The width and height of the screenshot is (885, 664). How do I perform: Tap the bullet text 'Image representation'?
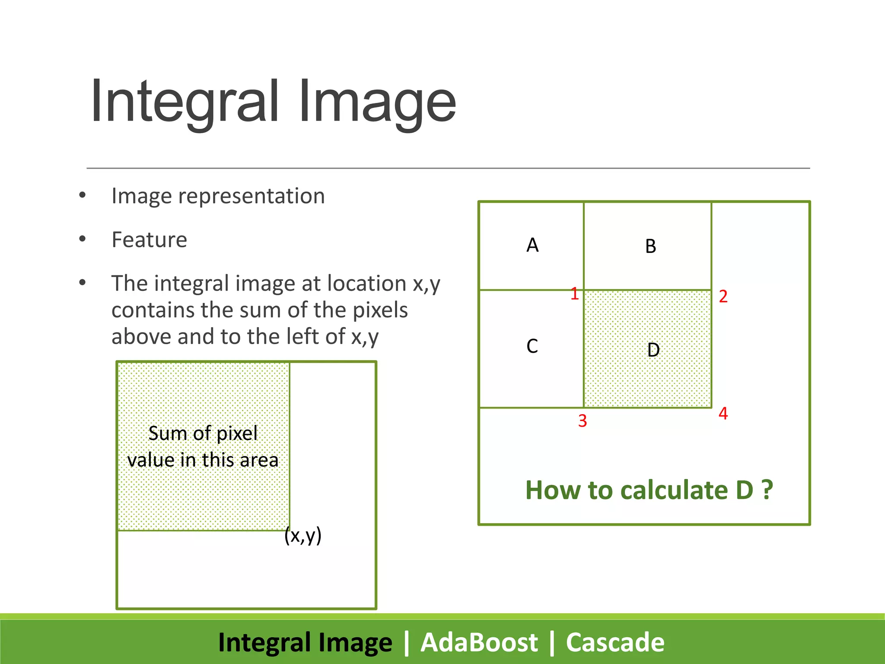(x=218, y=196)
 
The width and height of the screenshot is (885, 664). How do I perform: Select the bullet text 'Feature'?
(x=149, y=239)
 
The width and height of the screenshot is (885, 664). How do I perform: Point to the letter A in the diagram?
(x=532, y=245)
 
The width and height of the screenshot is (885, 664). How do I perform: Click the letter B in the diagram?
(x=650, y=246)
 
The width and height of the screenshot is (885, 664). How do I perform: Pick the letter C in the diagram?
(x=532, y=346)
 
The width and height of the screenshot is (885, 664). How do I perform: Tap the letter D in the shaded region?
(x=653, y=350)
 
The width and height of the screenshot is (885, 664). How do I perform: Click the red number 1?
(x=574, y=294)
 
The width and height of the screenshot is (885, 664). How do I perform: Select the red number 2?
(x=723, y=297)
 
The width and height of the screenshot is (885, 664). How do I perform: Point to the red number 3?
(x=582, y=421)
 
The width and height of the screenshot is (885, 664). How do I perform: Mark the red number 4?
(x=723, y=414)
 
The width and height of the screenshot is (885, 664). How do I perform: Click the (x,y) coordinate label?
(x=303, y=536)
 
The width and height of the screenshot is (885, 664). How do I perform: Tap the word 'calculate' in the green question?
(x=674, y=490)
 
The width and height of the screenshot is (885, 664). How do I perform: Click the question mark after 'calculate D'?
(x=767, y=490)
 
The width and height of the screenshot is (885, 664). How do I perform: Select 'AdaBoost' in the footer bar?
(x=479, y=642)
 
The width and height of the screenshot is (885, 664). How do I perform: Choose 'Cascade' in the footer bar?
(x=615, y=642)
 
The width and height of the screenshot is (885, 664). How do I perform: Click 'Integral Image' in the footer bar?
(x=305, y=642)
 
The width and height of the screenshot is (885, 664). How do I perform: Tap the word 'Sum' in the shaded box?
(x=164, y=433)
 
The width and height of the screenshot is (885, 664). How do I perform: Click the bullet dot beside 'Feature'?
(x=83, y=239)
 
